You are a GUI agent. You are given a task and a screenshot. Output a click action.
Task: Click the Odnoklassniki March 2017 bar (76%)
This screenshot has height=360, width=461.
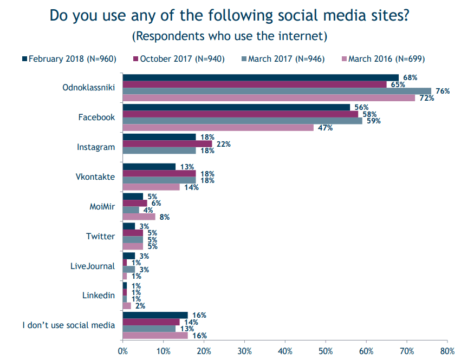[277, 91]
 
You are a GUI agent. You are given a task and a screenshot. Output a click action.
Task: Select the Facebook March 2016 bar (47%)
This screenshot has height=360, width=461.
[218, 128]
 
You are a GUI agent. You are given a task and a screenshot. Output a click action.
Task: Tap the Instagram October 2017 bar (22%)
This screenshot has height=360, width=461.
[167, 143]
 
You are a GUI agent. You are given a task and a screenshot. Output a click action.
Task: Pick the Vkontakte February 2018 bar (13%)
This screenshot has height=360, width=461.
[149, 167]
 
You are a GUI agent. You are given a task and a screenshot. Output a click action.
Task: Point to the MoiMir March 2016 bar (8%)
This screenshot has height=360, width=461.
[139, 217]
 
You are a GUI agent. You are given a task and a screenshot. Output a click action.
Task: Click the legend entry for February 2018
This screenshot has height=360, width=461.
[69, 59]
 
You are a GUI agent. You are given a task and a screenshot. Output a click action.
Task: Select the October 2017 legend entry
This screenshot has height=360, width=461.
[179, 59]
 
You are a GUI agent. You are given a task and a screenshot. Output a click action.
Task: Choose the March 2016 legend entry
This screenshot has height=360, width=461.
[384, 59]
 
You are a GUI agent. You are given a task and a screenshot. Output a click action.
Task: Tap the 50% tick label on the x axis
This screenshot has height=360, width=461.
[326, 351]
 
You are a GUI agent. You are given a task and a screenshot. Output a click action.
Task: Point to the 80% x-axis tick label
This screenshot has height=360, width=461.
[447, 351]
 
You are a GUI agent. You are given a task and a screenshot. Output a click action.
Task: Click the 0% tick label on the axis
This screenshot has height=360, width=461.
[122, 351]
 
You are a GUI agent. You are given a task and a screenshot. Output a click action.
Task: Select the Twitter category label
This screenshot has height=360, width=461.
[100, 236]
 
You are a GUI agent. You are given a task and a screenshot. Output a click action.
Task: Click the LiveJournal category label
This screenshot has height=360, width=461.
[93, 266]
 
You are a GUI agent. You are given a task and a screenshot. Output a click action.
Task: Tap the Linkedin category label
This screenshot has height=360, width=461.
[99, 296]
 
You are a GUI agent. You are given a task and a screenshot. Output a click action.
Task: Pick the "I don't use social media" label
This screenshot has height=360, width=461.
[68, 325]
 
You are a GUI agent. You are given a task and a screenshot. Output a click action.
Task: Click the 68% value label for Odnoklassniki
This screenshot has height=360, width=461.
[410, 77]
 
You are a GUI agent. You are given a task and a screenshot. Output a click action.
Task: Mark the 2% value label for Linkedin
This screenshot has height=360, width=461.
[140, 306]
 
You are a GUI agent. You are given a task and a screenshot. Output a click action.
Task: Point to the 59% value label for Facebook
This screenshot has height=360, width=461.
[374, 121]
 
